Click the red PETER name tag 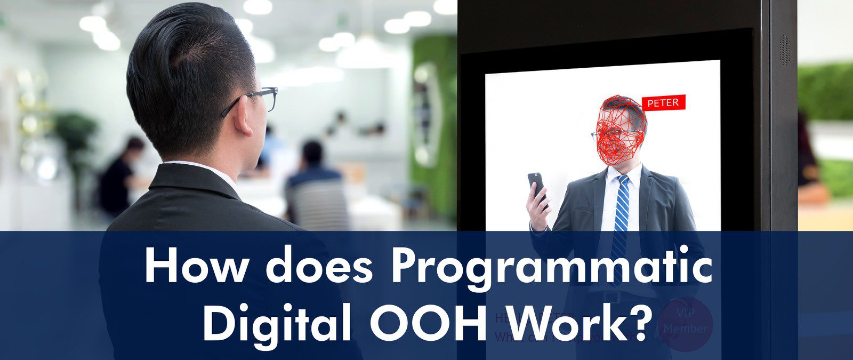click(x=663, y=103)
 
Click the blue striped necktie click(x=621, y=213)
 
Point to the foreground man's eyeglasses click(x=256, y=99)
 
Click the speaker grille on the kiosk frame click(x=785, y=51)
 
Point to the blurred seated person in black click(x=120, y=176)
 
